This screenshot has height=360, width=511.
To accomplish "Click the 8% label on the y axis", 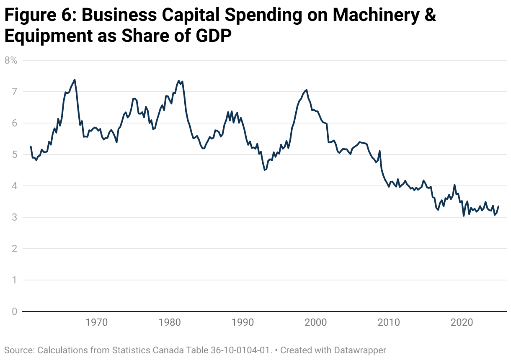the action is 10,60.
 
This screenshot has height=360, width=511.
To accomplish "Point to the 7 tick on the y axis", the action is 14,92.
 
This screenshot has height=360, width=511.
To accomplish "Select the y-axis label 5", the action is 14,154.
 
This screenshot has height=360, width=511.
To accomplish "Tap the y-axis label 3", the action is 14,217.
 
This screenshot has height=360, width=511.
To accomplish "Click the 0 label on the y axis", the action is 14,311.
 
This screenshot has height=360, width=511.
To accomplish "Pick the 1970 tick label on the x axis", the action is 96,323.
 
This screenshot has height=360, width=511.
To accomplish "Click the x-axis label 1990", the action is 243,323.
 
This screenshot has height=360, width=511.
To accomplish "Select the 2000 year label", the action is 316,323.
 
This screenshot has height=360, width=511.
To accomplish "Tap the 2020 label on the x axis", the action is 462,323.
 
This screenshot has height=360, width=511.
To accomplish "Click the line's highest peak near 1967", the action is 75,80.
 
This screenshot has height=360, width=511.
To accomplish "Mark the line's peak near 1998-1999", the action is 307,90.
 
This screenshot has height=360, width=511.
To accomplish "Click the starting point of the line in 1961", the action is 31,147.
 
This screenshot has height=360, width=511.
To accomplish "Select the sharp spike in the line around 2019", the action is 454,185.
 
